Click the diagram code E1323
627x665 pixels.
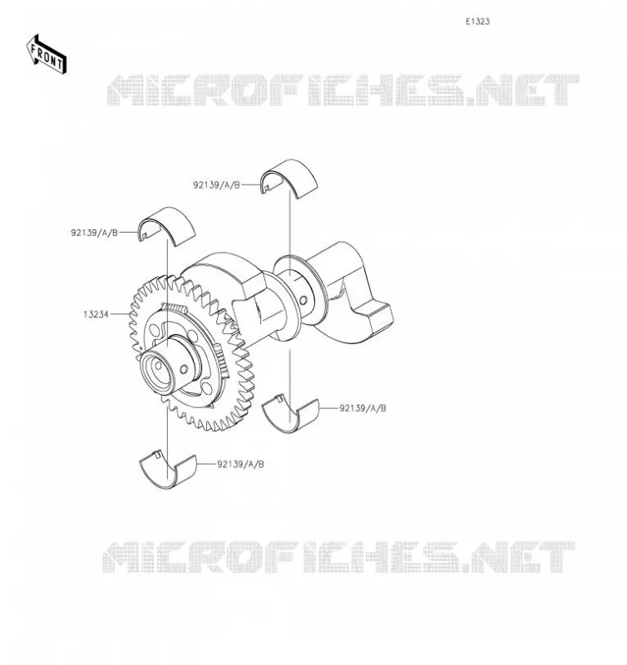coord(477,22)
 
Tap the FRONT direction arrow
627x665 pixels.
coord(47,55)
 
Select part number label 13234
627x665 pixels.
coord(96,314)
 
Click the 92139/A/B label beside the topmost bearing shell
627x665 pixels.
coord(216,185)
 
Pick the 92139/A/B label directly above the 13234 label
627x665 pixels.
coord(94,233)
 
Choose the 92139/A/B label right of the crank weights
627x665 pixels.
coord(363,408)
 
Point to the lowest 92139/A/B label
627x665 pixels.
coord(240,465)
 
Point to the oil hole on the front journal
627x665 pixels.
coord(184,369)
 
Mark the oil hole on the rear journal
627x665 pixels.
coord(304,301)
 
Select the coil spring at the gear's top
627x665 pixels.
coord(175,308)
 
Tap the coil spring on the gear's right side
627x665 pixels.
coord(221,361)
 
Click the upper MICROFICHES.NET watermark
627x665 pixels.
coord(343,90)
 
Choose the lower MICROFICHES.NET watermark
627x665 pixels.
coord(338,557)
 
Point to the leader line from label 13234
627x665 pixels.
coord(120,314)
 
